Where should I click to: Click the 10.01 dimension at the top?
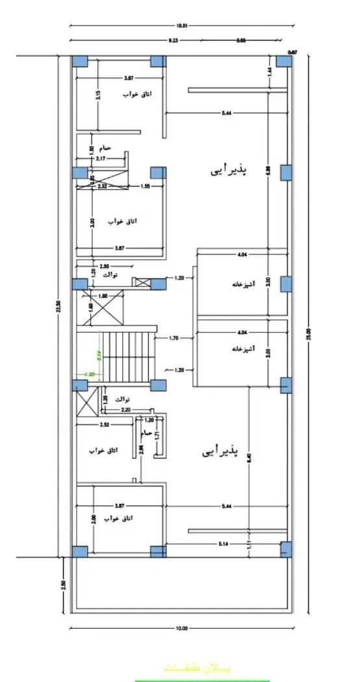pos(181,26)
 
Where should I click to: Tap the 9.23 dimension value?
pos(173,40)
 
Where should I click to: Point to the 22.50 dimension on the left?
pos(57,305)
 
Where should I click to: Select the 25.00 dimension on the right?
pos(308,334)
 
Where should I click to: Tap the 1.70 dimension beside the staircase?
pos(174,338)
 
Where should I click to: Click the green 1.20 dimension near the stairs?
pos(90,374)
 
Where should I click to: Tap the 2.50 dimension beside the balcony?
pos(63,584)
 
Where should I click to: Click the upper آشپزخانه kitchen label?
pos(242,284)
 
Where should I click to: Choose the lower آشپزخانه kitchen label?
pos(242,348)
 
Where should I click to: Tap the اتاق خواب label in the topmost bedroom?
pos(138,94)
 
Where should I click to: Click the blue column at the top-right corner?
pos(283,61)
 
